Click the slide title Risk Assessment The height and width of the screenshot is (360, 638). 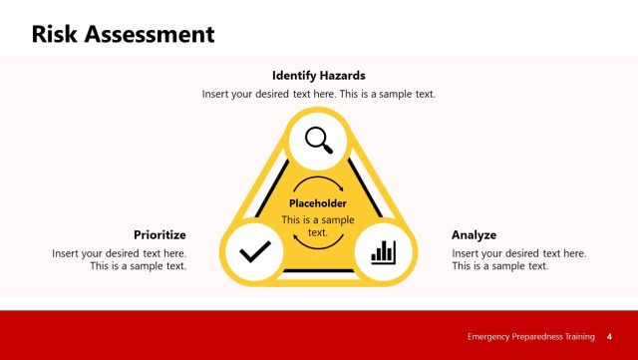[x=123, y=35]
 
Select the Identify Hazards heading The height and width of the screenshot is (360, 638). [x=319, y=75]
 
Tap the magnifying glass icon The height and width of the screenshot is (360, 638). [x=319, y=140]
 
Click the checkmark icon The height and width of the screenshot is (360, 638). [x=254, y=252]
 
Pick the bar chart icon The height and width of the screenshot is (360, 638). [x=383, y=252]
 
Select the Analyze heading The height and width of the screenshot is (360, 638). [x=474, y=235]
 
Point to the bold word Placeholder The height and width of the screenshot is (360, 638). [x=318, y=203]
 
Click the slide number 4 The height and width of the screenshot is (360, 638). [x=609, y=336]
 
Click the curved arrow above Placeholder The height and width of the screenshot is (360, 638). [x=318, y=183]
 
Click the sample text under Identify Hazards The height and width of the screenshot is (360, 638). [x=319, y=94]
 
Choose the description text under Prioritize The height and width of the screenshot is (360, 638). [x=120, y=259]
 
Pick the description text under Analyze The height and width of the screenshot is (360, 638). [x=518, y=259]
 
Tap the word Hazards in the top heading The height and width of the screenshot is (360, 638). [x=342, y=75]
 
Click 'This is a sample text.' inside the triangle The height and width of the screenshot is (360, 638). [x=318, y=225]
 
